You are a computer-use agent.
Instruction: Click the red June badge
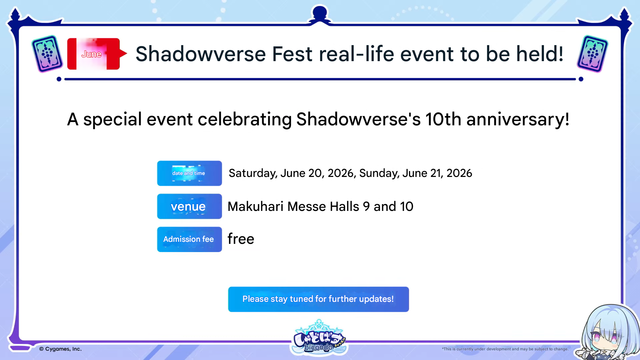pyautogui.click(x=97, y=54)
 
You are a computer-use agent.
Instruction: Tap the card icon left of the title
pyautogui.click(x=47, y=54)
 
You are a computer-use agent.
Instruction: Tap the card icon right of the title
pyautogui.click(x=592, y=54)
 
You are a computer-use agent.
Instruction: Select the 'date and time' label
pyautogui.click(x=189, y=173)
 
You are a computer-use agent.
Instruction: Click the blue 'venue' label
pyautogui.click(x=189, y=206)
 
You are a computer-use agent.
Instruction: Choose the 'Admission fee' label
pyautogui.click(x=189, y=239)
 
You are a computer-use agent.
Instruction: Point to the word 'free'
pyautogui.click(x=241, y=239)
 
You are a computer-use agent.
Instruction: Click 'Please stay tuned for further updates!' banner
pyautogui.click(x=318, y=299)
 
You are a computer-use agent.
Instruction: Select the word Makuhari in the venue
pyautogui.click(x=255, y=206)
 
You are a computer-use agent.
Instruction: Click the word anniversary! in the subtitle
pyautogui.click(x=518, y=120)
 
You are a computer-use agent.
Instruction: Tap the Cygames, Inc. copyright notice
pyautogui.click(x=60, y=349)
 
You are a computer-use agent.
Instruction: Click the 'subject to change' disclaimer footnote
pyautogui.click(x=505, y=349)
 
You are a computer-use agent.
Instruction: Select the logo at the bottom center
pyautogui.click(x=319, y=337)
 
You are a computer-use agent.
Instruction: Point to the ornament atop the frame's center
pyautogui.click(x=320, y=15)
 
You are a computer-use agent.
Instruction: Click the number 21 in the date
pyautogui.click(x=437, y=173)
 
